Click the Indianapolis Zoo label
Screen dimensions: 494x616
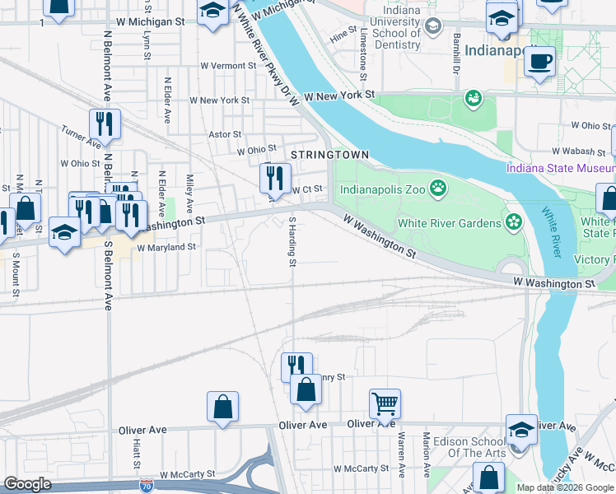coord(382,189)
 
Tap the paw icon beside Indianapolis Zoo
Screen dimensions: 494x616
coord(437,189)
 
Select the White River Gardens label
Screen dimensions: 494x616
coord(449,223)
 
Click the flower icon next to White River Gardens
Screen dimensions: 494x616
coord(515,221)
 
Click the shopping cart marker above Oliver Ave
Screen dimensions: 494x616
coord(385,403)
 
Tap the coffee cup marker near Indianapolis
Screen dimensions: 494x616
coord(539,62)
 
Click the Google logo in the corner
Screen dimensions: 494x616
coord(28,484)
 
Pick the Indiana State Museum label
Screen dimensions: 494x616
coord(560,169)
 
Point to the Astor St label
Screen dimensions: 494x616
coord(225,134)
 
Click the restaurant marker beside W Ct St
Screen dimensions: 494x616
coord(275,176)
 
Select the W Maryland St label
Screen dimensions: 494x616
coord(166,247)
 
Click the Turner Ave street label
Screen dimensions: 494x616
coord(80,137)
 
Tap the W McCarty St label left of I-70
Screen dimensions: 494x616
coord(187,474)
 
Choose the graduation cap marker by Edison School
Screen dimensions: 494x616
coord(520,429)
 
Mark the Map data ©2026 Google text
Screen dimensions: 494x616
coord(565,487)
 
